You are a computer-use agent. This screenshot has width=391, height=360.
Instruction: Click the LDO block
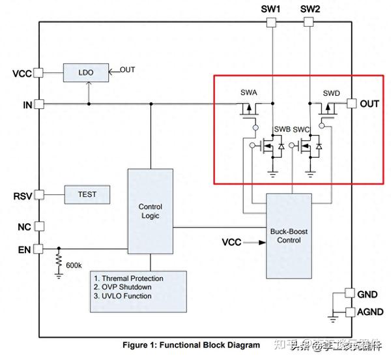tap(84, 72)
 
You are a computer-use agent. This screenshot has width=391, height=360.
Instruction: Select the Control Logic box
tap(150, 211)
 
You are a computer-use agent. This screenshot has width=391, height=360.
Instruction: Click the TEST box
tap(87, 194)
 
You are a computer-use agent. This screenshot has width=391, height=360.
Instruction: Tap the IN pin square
tap(38, 104)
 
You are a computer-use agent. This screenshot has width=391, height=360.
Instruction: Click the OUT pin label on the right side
tap(369, 103)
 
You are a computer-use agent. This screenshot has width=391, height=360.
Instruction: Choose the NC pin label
tap(23, 227)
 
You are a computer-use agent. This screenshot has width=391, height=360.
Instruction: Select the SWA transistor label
tap(249, 93)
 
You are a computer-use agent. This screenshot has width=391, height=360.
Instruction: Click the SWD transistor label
tap(331, 93)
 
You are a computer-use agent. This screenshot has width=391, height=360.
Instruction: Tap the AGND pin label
tap(369, 312)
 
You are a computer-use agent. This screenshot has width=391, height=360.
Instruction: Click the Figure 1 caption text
tap(192, 344)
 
